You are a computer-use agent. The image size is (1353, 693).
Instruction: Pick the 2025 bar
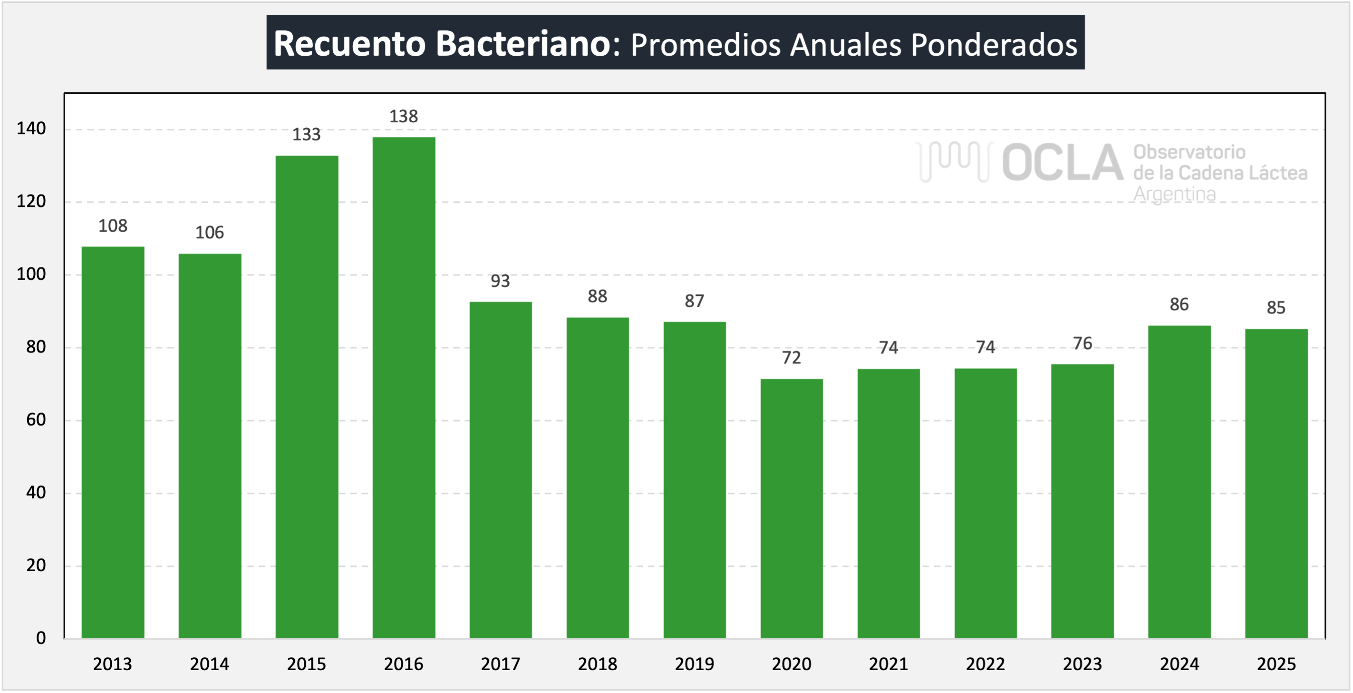click(1276, 483)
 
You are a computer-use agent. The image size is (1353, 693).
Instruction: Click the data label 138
click(403, 116)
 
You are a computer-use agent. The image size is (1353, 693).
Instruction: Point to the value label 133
click(306, 135)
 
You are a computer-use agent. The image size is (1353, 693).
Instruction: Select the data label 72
click(791, 358)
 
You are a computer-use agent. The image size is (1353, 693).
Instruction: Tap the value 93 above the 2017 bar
click(500, 281)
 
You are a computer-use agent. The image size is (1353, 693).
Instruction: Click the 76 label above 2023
click(1082, 343)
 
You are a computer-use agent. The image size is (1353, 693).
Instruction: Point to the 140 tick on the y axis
click(31, 129)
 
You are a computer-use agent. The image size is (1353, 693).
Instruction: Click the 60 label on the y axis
click(36, 420)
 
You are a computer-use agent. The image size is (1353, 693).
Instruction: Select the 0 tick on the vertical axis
click(40, 638)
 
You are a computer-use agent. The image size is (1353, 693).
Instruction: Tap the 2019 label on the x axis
click(695, 664)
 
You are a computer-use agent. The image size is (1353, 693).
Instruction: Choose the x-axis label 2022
click(986, 664)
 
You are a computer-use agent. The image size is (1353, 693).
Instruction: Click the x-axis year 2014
click(210, 664)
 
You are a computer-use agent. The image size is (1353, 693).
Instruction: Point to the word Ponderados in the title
click(994, 44)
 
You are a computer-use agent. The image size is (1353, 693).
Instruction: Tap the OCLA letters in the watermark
click(1062, 163)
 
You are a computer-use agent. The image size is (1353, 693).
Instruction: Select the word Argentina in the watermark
click(1174, 194)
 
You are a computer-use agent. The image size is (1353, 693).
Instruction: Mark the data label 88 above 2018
click(597, 296)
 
